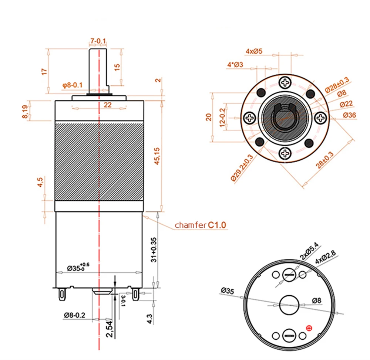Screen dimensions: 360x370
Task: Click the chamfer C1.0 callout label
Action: click(x=200, y=225)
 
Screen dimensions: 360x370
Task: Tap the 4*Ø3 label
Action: click(x=235, y=65)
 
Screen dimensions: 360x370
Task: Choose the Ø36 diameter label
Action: click(x=349, y=115)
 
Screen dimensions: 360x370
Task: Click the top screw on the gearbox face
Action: click(x=286, y=82)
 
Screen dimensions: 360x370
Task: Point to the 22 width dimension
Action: click(x=107, y=105)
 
